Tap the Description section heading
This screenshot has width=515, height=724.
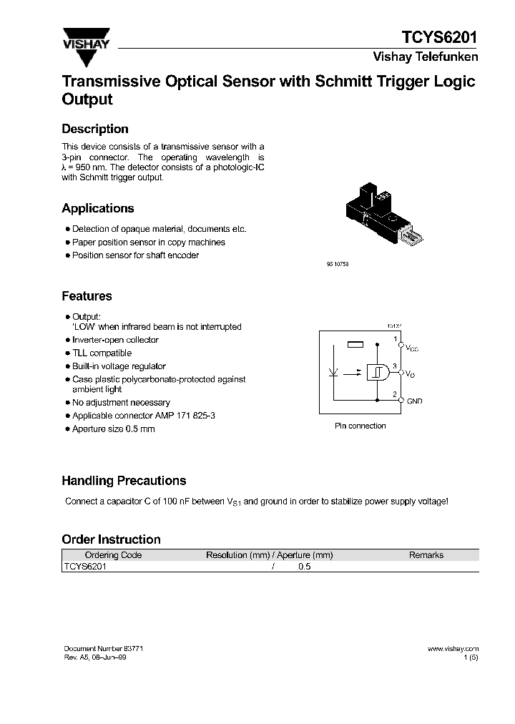(95, 129)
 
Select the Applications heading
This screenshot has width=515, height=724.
(98, 209)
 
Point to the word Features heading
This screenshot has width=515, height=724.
(87, 296)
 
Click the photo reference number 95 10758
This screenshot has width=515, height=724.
(336, 264)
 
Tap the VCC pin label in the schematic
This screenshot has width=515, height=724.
(412, 349)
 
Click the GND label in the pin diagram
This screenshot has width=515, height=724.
(415, 401)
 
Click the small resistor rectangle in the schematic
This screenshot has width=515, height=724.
(355, 345)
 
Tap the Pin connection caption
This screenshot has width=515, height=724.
(360, 426)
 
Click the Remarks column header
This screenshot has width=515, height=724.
(426, 555)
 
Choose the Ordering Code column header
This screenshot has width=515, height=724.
(113, 555)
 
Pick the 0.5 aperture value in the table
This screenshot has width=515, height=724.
(305, 566)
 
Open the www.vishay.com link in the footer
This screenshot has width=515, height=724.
(453, 648)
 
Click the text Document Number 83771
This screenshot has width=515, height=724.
(104, 648)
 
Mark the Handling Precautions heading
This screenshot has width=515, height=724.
(124, 481)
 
